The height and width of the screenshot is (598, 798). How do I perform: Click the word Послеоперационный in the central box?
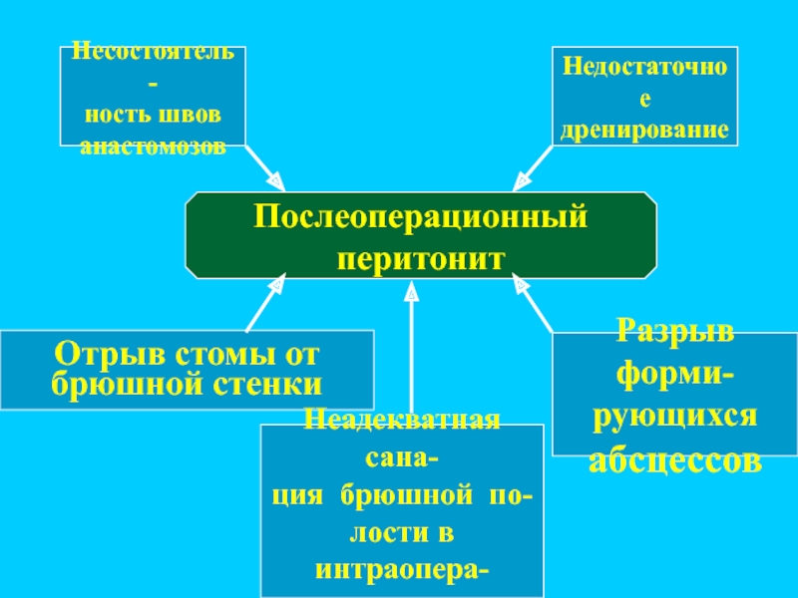click(420, 215)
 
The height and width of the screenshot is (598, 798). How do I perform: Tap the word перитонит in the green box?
click(420, 258)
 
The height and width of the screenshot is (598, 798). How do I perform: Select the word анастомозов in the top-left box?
click(153, 146)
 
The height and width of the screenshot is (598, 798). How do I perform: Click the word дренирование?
click(645, 131)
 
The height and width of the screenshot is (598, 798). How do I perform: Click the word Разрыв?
click(674, 331)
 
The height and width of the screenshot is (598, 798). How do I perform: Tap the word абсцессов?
click(674, 461)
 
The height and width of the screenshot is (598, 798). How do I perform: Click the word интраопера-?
click(401, 571)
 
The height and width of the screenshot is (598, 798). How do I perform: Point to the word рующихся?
click(674, 418)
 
